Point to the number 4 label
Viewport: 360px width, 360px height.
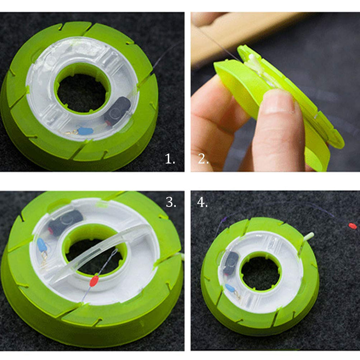202,202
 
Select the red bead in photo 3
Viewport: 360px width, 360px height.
94,282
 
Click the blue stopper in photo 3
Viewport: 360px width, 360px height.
42,245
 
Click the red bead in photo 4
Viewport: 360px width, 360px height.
353,225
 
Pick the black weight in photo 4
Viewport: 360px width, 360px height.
231,262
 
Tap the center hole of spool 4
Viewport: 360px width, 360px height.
261,272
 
